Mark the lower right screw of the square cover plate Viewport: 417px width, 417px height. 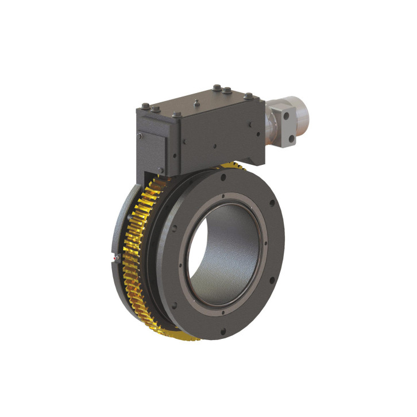click(x=161, y=169)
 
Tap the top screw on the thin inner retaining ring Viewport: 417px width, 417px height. click(x=223, y=196)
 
